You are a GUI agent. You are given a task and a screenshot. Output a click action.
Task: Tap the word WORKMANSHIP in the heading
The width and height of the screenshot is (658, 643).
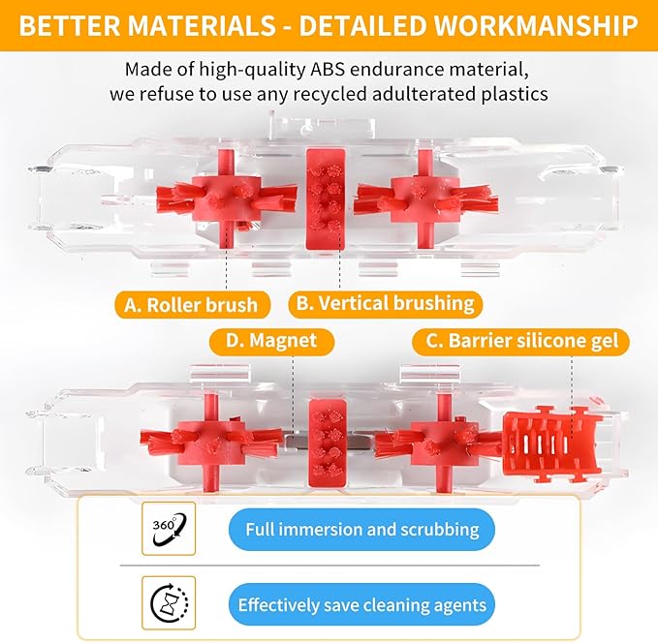click(x=536, y=25)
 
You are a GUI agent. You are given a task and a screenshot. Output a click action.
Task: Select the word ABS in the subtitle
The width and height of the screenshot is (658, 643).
click(x=328, y=69)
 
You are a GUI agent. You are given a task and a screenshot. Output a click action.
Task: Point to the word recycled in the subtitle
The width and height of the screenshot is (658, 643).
click(x=329, y=94)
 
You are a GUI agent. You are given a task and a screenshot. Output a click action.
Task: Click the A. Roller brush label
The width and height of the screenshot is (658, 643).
click(x=192, y=305)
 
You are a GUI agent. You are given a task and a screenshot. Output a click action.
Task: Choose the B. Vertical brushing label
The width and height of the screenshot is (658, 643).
click(x=386, y=303)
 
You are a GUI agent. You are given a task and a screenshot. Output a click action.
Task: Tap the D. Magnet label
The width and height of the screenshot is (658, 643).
click(x=271, y=340)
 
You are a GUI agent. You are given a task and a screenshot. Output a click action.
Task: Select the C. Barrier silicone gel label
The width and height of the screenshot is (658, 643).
click(x=520, y=341)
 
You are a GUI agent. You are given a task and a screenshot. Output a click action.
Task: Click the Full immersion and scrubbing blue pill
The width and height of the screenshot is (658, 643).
click(x=361, y=530)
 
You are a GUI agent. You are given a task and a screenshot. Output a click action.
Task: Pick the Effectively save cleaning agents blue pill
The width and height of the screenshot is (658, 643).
click(x=361, y=605)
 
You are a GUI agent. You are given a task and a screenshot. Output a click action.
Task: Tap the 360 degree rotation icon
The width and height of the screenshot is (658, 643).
click(x=169, y=529)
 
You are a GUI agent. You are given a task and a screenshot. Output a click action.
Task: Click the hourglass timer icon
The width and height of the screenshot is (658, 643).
click(x=169, y=603)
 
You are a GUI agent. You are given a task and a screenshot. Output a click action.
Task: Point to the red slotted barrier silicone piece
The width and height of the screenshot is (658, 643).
click(x=552, y=444)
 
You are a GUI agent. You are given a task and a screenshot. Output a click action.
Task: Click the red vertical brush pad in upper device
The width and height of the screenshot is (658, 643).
click(x=326, y=199)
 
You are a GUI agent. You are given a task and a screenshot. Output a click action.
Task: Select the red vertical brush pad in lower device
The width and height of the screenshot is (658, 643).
click(x=328, y=443)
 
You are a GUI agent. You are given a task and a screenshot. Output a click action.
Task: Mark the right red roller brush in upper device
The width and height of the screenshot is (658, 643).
click(x=426, y=199)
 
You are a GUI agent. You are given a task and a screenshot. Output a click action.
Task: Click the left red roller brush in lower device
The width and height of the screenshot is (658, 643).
click(x=210, y=443)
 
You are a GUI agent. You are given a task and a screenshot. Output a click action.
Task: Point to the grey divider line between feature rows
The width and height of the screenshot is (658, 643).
click(x=329, y=566)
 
